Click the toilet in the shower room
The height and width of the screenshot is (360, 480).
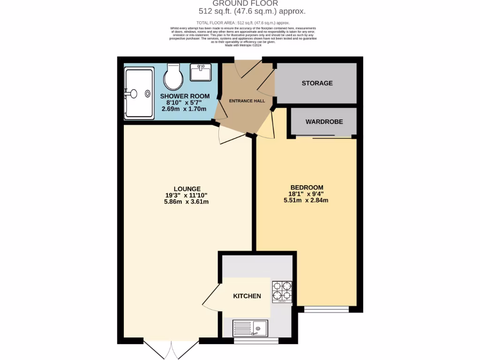click(173, 77)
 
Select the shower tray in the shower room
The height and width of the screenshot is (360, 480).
click(139, 93)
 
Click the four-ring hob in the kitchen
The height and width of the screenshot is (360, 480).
click(282, 291)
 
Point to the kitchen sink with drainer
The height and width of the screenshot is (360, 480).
click(250, 328)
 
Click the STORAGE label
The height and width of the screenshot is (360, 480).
click(317, 83)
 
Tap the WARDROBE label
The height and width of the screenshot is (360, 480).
click(324, 121)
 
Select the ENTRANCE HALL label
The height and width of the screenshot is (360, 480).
click(247, 101)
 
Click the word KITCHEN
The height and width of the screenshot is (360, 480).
click(247, 296)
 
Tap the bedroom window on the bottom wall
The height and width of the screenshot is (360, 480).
click(326, 309)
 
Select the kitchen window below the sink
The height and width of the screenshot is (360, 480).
click(255, 341)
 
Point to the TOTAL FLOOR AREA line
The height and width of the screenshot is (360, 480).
click(243, 22)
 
